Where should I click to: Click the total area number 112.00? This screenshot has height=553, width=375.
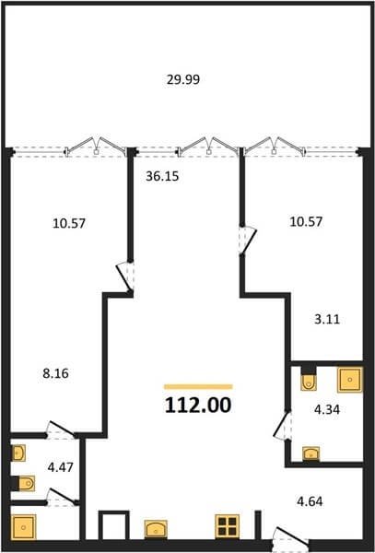pyautogui.click(x=198, y=405)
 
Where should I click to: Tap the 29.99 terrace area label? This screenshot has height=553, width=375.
pyautogui.click(x=183, y=79)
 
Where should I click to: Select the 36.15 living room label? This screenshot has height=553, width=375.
pyautogui.click(x=162, y=176)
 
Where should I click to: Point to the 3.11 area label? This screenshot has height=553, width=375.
pyautogui.click(x=327, y=320)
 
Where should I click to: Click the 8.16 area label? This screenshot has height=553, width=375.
pyautogui.click(x=55, y=373)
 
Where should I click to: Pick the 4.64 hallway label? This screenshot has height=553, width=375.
pyautogui.click(x=309, y=501)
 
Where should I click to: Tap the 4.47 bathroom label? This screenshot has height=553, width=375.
pyautogui.click(x=60, y=467)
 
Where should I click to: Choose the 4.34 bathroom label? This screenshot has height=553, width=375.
pyautogui.click(x=326, y=409)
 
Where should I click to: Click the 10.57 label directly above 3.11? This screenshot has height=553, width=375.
pyautogui.click(x=306, y=222)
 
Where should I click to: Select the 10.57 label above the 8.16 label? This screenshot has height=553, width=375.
pyautogui.click(x=69, y=223)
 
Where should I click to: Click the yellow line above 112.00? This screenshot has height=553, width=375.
pyautogui.click(x=198, y=386)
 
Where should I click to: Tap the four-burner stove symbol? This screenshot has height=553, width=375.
pyautogui.click(x=228, y=526)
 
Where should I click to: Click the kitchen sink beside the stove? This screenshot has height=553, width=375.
pyautogui.click(x=156, y=529)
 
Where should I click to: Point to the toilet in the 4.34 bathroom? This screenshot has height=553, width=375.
pyautogui.click(x=309, y=379)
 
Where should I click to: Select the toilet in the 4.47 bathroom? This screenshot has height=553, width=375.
pyautogui.click(x=24, y=483)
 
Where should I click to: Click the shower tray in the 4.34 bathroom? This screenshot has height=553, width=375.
pyautogui.click(x=350, y=380)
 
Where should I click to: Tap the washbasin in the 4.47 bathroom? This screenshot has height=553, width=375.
pyautogui.click(x=18, y=453)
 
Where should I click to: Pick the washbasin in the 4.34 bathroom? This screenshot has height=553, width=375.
pyautogui.click(x=311, y=453)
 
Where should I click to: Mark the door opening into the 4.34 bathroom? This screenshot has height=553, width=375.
pyautogui.click(x=283, y=426)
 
